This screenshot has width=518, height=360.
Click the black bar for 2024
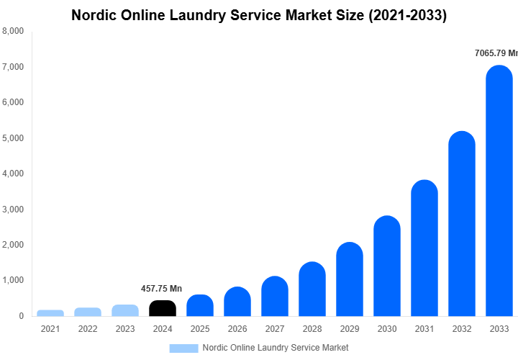pos(163,308)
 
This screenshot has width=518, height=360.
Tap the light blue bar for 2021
pos(50,312)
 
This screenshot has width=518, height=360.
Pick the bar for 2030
pos(387,266)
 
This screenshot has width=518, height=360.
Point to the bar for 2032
pos(462,224)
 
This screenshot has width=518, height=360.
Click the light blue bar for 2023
pos(125,310)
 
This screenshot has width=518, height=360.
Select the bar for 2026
pos(237,302)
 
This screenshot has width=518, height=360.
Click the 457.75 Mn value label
pos(161,289)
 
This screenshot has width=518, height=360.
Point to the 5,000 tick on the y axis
pos(12,138)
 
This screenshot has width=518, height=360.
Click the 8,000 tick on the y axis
pos(12,31)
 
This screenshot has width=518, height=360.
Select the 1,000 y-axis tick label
pos(12,280)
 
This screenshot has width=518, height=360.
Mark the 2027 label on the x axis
pos(275,328)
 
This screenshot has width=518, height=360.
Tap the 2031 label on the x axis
pos(424,328)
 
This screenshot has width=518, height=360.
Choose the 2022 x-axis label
pos(88,328)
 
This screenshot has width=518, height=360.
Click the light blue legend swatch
pos(183,348)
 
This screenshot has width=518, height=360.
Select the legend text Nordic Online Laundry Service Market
pos(276,348)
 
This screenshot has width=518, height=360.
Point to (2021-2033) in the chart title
pos(404,14)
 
